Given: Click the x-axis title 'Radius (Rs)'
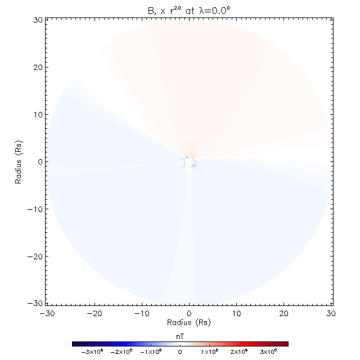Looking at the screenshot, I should (x=189, y=323).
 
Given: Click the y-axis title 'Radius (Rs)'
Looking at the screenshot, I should (x=19, y=162).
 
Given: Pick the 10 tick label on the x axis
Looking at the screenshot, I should (x=236, y=313).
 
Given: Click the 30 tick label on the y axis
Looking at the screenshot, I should (x=38, y=20).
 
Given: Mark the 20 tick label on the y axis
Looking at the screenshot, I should (x=38, y=67).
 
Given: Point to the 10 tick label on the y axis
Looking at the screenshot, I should (x=38, y=115).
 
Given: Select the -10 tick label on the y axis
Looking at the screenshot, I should (x=35, y=209).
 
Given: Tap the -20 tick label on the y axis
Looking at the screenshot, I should (x=35, y=256).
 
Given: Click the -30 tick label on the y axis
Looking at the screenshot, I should (x=35, y=303).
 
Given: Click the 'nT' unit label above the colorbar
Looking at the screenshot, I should (x=180, y=336).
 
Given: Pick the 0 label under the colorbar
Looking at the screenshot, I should (x=180, y=352).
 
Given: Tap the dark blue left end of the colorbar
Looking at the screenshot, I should (x=75, y=343).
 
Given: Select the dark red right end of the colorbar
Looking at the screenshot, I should (x=285, y=343).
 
